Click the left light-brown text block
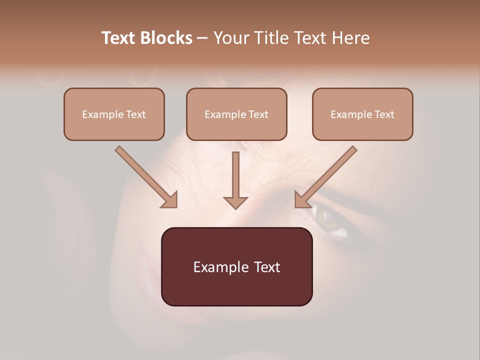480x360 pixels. [x=114, y=114]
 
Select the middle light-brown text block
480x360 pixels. [x=236, y=114]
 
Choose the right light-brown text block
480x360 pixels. [x=362, y=114]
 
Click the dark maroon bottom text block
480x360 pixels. [x=236, y=266]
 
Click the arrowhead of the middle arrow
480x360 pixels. [x=235, y=202]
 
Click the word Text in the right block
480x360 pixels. [x=384, y=114]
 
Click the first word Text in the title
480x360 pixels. [x=120, y=38]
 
